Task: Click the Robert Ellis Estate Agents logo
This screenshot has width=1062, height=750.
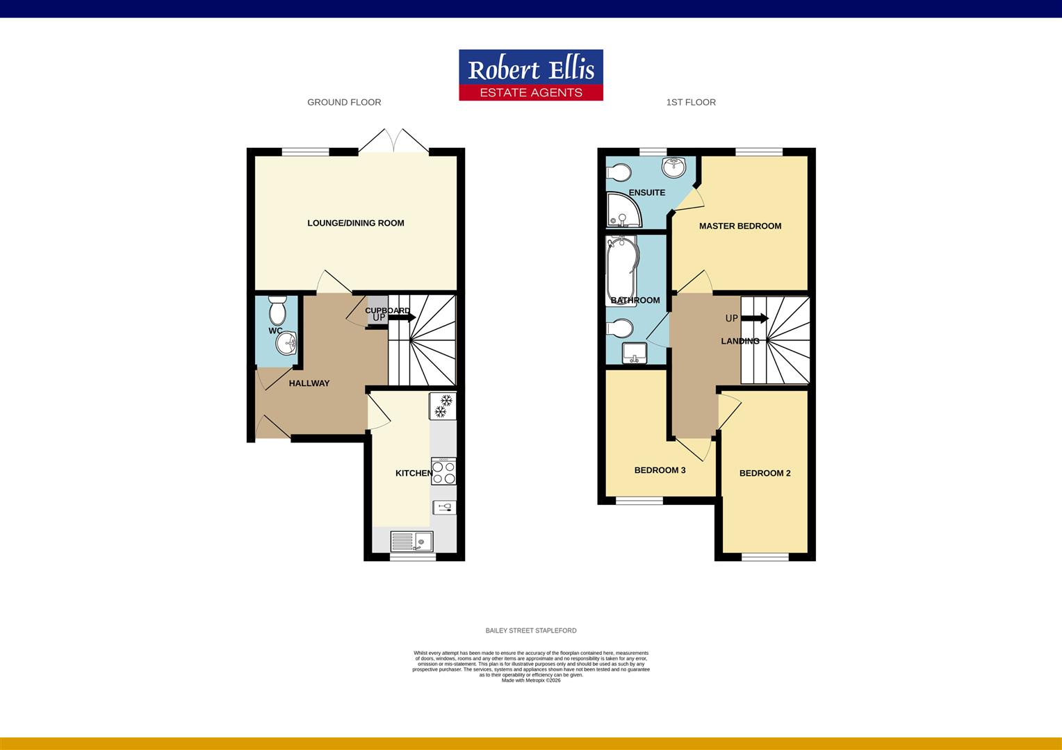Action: tap(531, 75)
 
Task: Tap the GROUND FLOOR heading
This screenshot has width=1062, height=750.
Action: tap(344, 102)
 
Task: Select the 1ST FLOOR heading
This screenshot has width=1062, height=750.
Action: tap(691, 102)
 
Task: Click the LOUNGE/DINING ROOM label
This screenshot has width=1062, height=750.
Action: tap(356, 223)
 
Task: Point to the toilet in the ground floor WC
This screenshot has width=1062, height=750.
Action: tap(277, 310)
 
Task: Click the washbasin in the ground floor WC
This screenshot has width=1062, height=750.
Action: tap(286, 342)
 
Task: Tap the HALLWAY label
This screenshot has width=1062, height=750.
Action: tap(309, 383)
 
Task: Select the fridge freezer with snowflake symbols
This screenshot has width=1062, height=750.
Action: tap(443, 406)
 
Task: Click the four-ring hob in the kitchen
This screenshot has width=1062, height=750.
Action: tap(443, 471)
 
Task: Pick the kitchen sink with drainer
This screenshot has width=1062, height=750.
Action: tap(411, 541)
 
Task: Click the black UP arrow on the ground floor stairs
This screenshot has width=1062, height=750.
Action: tap(402, 317)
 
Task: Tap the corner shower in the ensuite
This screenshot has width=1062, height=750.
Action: tap(623, 210)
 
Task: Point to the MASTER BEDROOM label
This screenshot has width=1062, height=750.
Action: tap(740, 226)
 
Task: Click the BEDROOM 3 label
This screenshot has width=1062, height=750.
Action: tap(660, 470)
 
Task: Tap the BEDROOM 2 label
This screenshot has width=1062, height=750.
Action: tap(765, 473)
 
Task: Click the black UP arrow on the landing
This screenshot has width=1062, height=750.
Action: tap(754, 318)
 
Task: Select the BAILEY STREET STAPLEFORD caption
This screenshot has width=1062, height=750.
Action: tap(531, 631)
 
